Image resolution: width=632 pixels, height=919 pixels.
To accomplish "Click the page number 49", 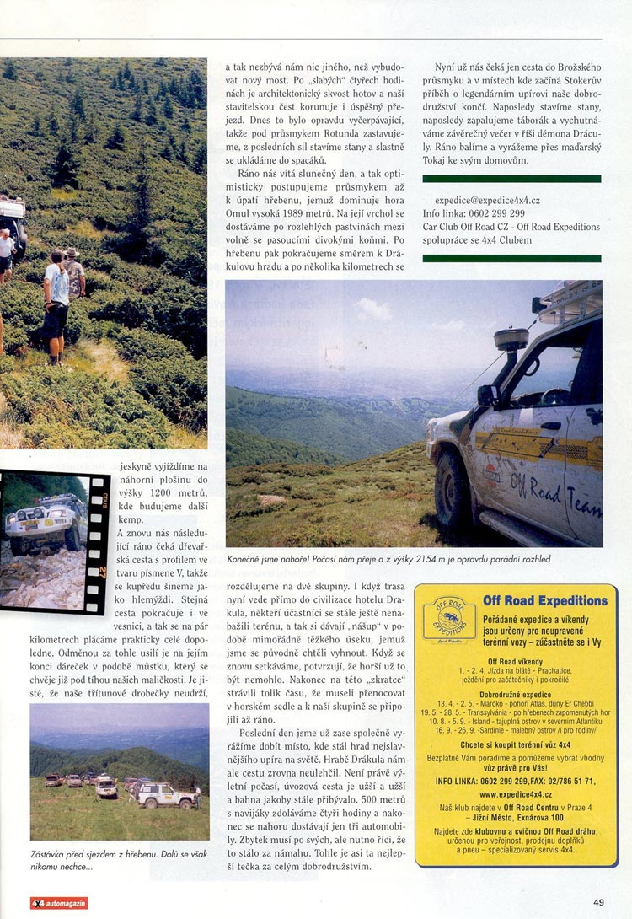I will [598, 902].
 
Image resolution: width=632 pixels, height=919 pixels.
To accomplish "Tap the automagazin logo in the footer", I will [59, 903].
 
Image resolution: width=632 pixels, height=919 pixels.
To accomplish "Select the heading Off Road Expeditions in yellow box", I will [544, 601].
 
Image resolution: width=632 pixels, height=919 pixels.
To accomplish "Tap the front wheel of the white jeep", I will [453, 489].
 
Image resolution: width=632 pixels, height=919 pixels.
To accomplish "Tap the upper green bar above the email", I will [511, 179].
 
